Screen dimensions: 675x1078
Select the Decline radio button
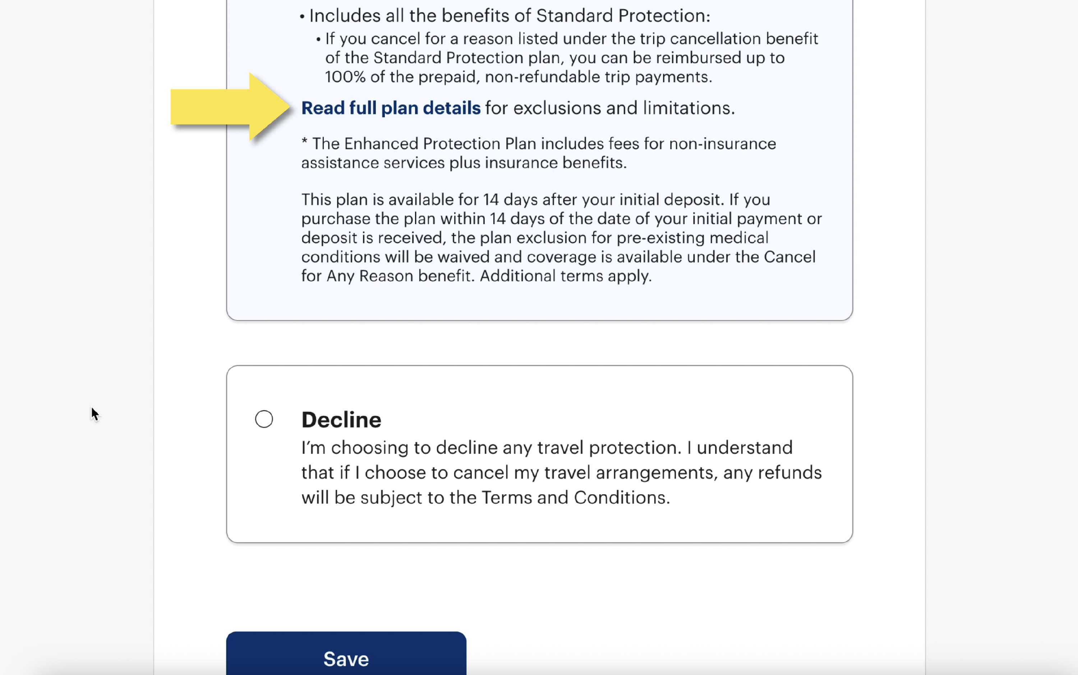pos(264,419)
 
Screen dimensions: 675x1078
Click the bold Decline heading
pos(341,420)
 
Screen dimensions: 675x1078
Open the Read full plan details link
pos(391,108)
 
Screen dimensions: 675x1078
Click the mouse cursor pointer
pos(94,413)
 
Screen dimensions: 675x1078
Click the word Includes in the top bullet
pos(345,16)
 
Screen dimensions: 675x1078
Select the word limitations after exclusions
pos(688,108)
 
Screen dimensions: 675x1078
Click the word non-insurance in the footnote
pos(722,144)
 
